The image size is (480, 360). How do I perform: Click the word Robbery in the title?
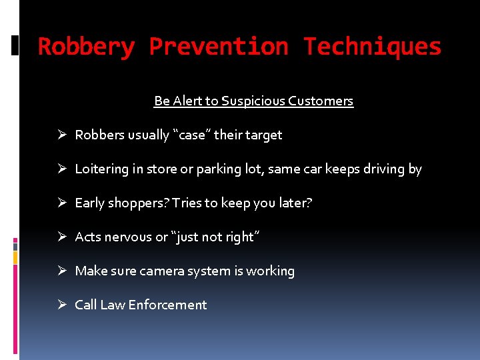[x=87, y=47]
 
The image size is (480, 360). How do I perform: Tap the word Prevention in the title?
[x=219, y=47]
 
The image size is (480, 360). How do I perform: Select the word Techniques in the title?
[x=372, y=47]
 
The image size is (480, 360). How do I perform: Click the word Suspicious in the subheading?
[x=254, y=101]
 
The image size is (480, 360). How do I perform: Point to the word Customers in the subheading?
[x=322, y=101]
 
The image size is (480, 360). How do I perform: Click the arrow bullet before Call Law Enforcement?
[x=61, y=305]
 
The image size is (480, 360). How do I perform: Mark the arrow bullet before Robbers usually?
[x=61, y=135]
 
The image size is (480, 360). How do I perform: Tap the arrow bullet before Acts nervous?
[x=61, y=237]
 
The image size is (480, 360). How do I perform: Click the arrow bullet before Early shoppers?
[x=61, y=203]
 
